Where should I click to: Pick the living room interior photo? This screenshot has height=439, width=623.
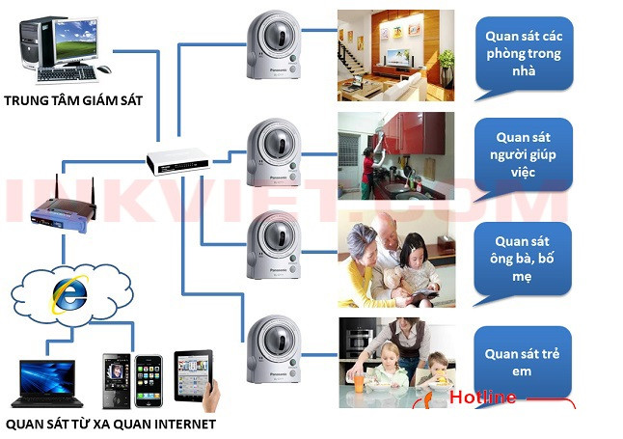pyautogui.click(x=395, y=55)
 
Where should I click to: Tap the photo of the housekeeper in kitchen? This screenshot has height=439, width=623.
pyautogui.click(x=395, y=154)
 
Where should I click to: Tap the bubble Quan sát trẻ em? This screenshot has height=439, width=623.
pyautogui.click(x=521, y=362)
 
